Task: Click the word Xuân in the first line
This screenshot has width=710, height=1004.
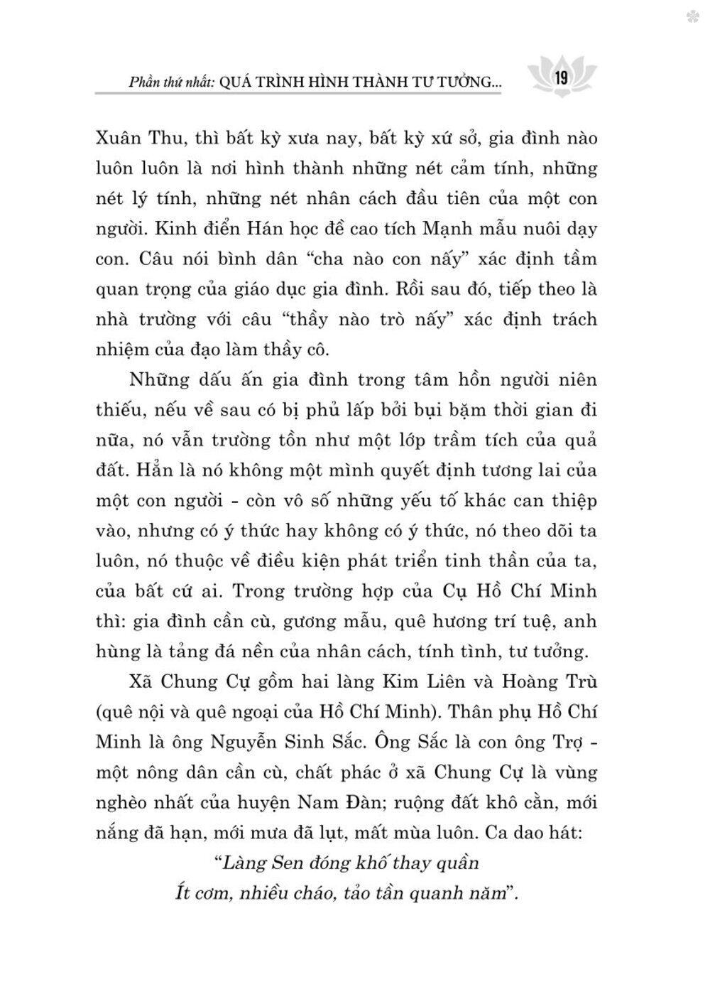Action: pyautogui.click(x=119, y=138)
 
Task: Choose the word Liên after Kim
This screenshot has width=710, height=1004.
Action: pyautogui.click(x=422, y=681)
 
